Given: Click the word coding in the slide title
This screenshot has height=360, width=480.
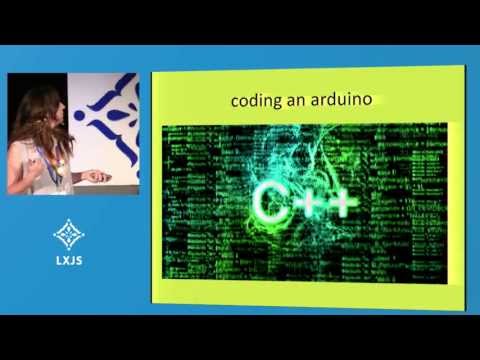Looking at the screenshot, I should [x=255, y=101].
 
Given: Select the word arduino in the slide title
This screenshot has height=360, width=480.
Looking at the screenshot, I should [x=340, y=101].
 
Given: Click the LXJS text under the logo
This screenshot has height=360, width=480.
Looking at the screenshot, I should [x=68, y=266].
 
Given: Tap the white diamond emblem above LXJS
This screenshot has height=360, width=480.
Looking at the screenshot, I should [x=68, y=237].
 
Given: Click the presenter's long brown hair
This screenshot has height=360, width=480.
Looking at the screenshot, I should [x=35, y=120].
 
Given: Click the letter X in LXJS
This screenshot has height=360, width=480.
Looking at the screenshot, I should [x=63, y=266].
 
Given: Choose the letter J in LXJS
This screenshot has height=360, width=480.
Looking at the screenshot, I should [x=73, y=266].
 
